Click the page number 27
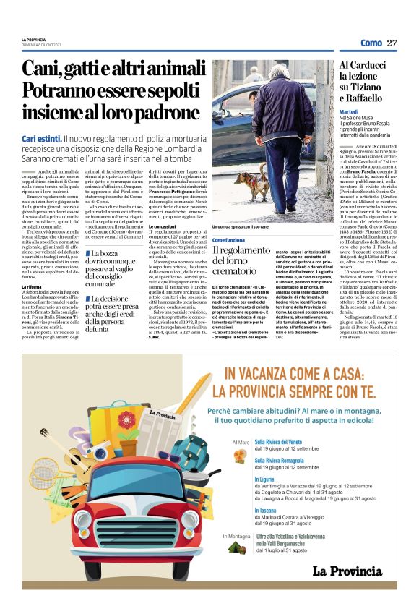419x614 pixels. pos(392,43)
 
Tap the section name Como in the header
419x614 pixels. pos(371,43)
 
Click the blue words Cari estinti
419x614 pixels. pos(41,138)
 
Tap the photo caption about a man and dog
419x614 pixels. pos(244,227)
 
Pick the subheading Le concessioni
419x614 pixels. pos(163,226)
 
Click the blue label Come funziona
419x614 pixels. pos(228,239)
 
